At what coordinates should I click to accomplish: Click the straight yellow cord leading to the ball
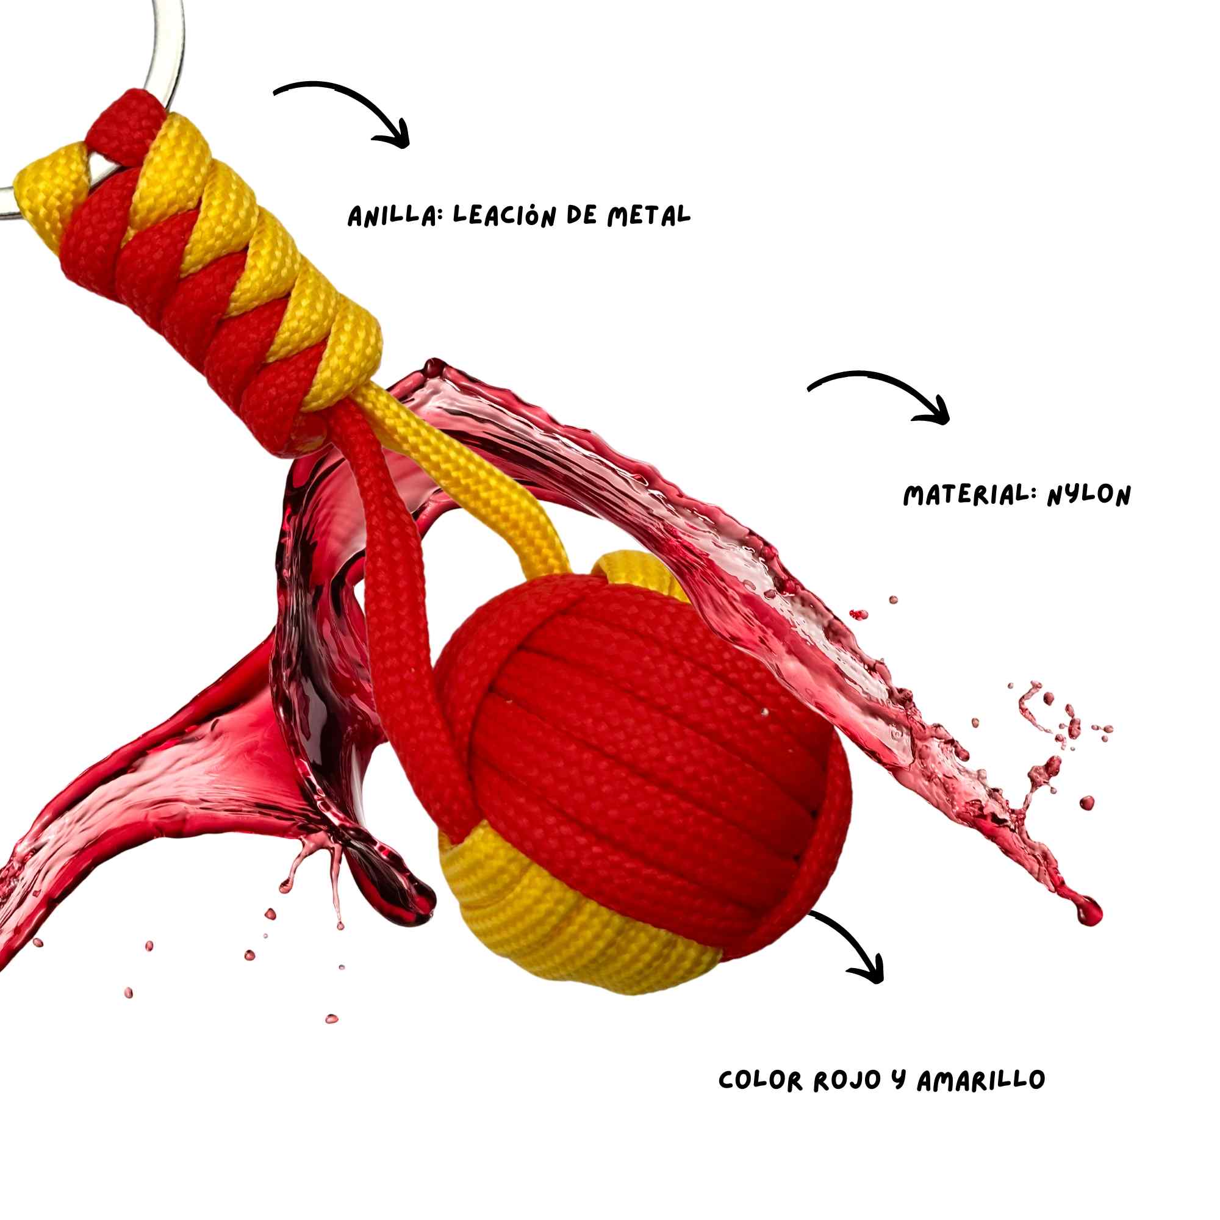467,480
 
